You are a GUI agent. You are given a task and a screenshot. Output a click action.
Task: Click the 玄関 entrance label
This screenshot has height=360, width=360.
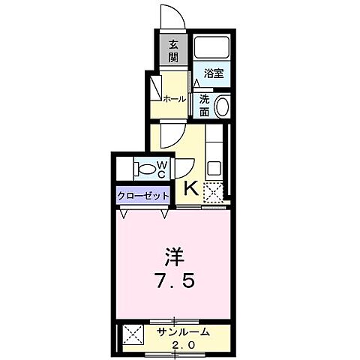tap(172, 50)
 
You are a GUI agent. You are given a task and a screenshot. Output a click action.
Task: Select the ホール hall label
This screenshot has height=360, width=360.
tap(175, 98)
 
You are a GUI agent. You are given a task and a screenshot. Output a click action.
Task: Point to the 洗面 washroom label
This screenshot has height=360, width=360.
tap(204, 105)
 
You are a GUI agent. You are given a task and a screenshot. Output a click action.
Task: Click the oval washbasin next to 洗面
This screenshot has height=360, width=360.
tap(223, 106)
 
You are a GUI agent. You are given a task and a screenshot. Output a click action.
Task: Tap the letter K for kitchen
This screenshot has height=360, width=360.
tap(190, 189)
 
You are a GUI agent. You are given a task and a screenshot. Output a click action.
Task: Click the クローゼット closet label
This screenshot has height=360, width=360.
tap(142, 196)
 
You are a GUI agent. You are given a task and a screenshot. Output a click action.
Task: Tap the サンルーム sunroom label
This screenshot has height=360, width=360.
tap(183, 331)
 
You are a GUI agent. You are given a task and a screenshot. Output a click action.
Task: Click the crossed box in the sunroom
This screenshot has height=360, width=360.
tap(133, 335)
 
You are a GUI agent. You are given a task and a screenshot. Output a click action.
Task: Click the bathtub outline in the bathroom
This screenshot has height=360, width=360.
tap(214, 49)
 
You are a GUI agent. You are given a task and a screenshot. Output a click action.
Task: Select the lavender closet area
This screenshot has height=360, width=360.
tap(142, 196)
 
